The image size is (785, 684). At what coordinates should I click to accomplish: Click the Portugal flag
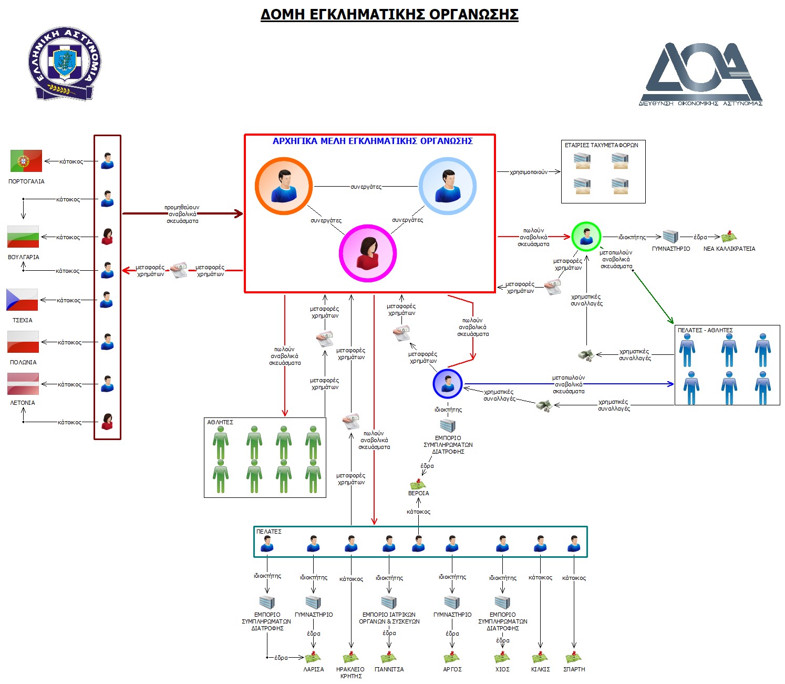[26, 161]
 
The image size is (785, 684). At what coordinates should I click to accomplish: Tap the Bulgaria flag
[23, 237]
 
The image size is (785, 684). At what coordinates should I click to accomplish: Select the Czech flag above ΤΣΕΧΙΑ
[22, 300]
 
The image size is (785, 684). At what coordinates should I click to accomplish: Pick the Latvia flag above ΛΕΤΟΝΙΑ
[23, 384]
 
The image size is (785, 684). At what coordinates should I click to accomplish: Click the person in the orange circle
[284, 186]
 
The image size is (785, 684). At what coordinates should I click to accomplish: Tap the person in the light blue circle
[448, 186]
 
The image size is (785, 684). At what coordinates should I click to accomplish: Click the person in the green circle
[586, 237]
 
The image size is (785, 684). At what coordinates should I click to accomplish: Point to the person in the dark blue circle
[448, 384]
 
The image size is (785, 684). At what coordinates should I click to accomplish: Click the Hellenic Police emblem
[64, 64]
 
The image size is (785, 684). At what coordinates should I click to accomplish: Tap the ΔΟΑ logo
[701, 74]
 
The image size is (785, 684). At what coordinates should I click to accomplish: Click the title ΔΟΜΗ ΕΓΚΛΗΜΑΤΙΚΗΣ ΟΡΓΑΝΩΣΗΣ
[389, 14]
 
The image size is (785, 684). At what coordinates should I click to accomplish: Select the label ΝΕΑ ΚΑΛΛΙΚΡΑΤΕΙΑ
[729, 249]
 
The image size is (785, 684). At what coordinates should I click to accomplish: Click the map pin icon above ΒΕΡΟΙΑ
[418, 484]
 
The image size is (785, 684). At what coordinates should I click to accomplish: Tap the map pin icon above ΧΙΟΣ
[502, 658]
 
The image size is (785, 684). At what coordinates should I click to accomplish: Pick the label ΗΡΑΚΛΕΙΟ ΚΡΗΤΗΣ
[350, 672]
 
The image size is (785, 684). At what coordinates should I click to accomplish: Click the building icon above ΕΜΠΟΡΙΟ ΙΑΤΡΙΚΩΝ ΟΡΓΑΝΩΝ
[389, 602]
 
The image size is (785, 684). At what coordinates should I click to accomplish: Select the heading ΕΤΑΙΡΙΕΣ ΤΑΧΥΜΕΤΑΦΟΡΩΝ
[602, 145]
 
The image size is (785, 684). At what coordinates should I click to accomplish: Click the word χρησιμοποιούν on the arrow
[528, 172]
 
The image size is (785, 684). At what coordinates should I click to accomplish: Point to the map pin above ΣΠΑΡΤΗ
[574, 658]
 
